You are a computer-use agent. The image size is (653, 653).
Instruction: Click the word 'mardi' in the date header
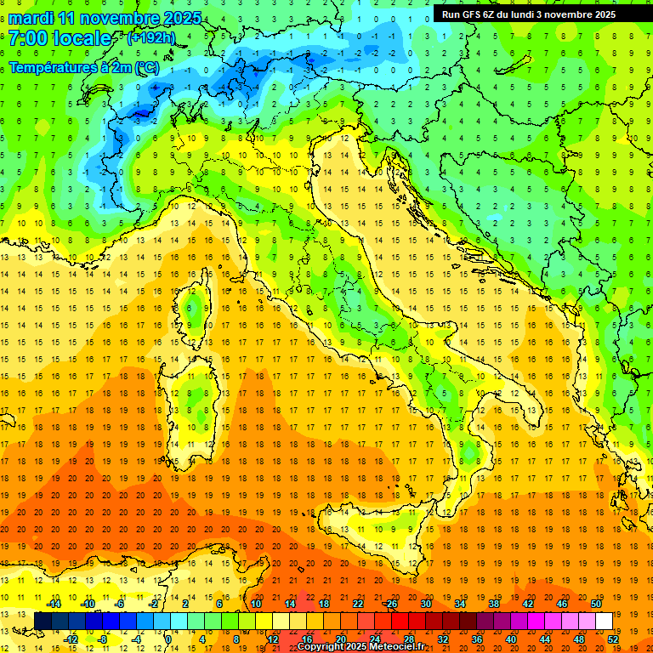(31, 18)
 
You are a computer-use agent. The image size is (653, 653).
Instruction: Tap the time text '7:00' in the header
(27, 38)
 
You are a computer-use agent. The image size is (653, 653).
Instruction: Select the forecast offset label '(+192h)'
(151, 38)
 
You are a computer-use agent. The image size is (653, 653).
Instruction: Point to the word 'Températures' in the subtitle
(49, 66)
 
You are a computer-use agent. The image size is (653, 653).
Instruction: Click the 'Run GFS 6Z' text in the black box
(473, 14)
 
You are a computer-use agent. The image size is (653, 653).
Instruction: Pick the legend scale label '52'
(613, 639)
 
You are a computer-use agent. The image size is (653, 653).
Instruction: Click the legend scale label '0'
(168, 639)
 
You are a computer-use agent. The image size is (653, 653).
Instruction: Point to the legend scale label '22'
(358, 604)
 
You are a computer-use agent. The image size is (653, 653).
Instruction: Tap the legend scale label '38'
(494, 604)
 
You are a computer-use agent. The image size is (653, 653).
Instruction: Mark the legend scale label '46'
(562, 604)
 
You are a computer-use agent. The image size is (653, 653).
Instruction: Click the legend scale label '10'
(256, 604)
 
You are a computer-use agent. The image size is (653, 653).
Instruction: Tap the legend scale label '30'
(426, 604)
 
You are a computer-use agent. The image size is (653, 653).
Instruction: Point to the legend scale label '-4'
(136, 639)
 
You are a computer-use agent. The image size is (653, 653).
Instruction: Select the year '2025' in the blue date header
(182, 18)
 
